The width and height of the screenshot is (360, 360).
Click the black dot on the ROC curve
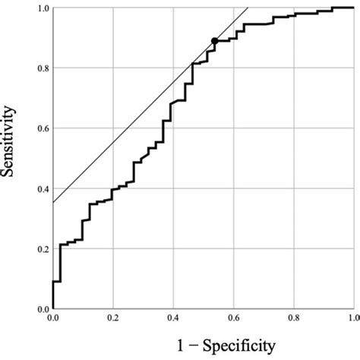click(x=215, y=41)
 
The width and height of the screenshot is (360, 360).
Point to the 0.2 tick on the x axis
click(x=112, y=319)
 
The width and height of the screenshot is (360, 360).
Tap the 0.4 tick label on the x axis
click(x=172, y=319)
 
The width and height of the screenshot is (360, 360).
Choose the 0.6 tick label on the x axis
click(x=232, y=319)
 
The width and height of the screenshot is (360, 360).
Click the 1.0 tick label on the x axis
click(x=352, y=319)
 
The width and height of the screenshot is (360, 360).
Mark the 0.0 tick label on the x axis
click(x=52, y=319)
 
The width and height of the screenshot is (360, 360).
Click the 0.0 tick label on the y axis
click(x=42, y=310)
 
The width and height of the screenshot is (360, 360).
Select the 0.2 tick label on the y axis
click(x=42, y=249)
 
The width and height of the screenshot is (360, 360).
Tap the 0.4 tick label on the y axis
click(x=42, y=189)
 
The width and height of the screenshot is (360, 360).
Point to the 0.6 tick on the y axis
click(x=42, y=128)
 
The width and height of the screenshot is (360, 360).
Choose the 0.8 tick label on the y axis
click(x=42, y=68)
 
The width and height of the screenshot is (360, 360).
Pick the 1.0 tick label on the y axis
click(x=42, y=8)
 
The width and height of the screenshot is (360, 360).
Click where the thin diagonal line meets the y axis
click(x=52, y=203)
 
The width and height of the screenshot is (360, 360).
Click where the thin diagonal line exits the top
click(x=248, y=8)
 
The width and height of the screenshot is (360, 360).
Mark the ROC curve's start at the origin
click(x=52, y=309)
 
